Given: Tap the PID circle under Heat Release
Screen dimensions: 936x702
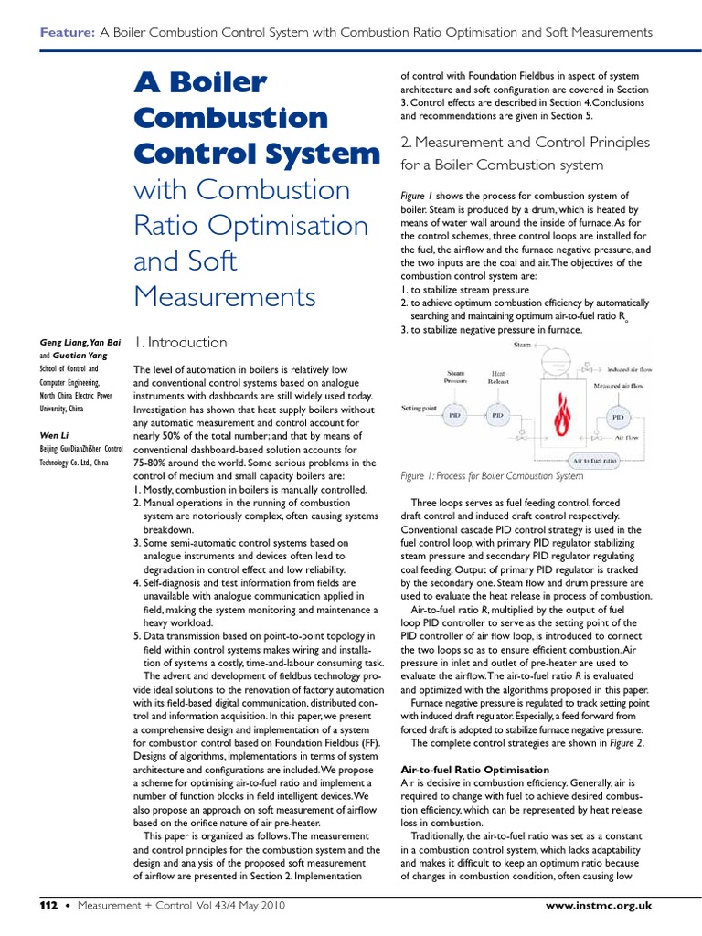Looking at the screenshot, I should point(497,414).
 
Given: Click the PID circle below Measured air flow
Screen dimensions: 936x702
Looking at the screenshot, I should point(620,415).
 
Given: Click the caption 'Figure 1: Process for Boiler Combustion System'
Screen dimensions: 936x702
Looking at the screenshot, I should point(492,476).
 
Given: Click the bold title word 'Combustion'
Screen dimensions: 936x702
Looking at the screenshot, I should point(230,118).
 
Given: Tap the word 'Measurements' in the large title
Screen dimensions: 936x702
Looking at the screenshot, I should point(224,297).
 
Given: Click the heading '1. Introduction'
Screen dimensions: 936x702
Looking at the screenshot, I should point(180,343).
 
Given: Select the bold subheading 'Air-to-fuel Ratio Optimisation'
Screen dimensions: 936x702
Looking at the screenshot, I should point(475,771).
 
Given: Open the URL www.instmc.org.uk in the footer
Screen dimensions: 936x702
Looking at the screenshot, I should point(598,905).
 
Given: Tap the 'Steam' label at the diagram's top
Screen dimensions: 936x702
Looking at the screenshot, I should point(522,345).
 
